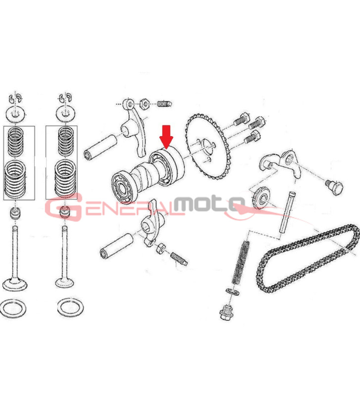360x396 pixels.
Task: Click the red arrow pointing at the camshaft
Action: [166, 137]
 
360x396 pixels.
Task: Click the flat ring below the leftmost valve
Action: [13, 308]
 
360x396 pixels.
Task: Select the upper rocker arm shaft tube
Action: [101, 147]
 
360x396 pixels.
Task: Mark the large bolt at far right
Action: [334, 188]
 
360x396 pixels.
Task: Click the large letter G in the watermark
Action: [63, 207]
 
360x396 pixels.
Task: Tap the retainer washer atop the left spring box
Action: [16, 114]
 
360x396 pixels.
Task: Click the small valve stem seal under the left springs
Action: [15, 213]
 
